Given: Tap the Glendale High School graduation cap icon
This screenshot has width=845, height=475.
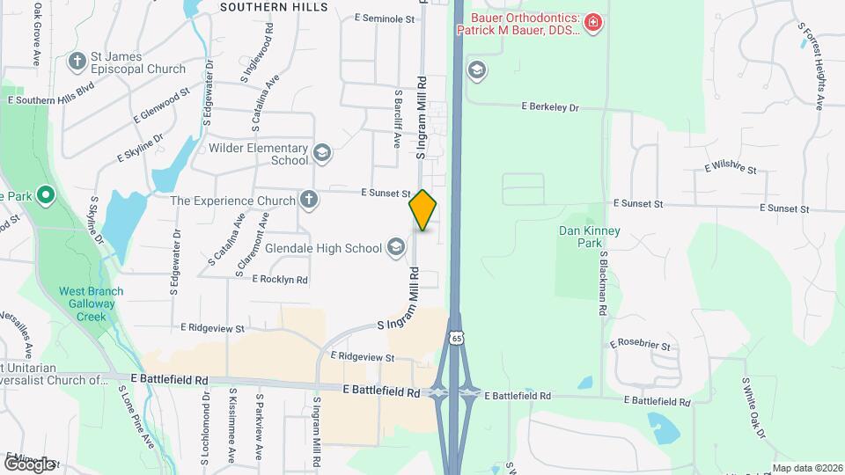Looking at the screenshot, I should point(396,247).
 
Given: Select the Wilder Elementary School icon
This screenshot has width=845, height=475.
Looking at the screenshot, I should point(322,154).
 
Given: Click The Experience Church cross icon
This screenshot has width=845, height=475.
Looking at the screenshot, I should point(308,201).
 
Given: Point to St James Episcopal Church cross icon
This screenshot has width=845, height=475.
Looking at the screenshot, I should point(77,62).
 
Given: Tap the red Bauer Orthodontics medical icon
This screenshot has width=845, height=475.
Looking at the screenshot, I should point(593,21).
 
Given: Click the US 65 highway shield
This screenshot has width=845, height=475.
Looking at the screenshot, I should point(456,339).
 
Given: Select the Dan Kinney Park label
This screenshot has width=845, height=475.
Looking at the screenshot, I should point(590,237).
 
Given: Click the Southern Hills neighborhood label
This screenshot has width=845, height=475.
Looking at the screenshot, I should point(273,7).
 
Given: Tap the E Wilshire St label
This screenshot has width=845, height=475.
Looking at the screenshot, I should point(730,164).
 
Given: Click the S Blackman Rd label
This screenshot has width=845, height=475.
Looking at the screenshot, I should point(604,284).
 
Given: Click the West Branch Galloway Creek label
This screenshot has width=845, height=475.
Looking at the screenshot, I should point(92,303).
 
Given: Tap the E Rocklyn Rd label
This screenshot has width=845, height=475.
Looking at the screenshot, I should point(280,280).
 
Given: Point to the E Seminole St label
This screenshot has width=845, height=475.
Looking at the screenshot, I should point(384,18).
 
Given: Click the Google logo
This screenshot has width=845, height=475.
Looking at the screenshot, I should point(30,463).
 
